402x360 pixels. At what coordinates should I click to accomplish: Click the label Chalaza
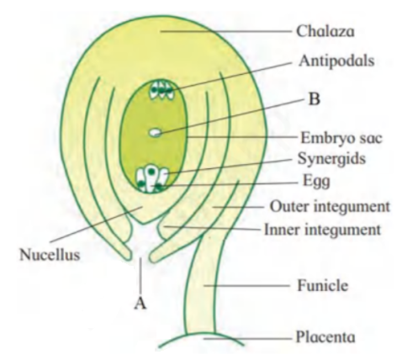[x=325, y=31]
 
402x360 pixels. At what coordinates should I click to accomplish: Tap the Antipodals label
[x=336, y=61]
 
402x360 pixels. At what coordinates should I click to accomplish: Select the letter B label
[x=314, y=99]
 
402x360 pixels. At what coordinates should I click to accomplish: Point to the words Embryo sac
[x=341, y=138]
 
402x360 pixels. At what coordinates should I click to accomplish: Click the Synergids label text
[x=331, y=159]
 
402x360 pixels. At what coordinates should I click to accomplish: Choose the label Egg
[x=316, y=182]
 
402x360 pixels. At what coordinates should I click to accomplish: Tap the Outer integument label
[x=330, y=207]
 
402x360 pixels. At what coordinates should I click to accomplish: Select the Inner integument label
[x=323, y=230]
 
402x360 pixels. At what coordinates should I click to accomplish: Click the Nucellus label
[x=50, y=255]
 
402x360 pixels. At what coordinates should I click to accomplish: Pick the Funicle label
[x=323, y=286]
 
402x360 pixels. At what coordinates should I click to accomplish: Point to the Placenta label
[x=325, y=336]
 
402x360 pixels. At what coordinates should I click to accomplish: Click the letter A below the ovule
[x=140, y=303]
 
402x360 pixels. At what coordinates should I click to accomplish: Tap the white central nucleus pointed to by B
[x=156, y=132]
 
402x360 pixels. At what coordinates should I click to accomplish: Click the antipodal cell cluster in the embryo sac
[x=161, y=89]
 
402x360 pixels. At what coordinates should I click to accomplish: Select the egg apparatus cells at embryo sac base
[x=151, y=179]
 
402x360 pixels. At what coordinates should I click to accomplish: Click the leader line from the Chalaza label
[x=226, y=31]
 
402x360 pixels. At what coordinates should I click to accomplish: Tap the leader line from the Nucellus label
[x=96, y=224]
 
